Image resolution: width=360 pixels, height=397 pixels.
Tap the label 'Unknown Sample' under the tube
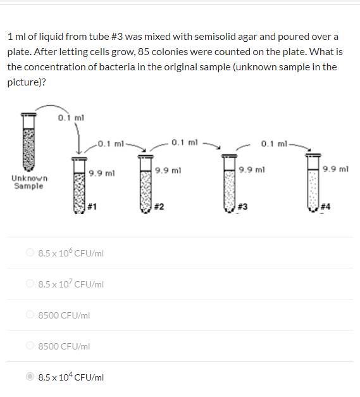coord(28,182)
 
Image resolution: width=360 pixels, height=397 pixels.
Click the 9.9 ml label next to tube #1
coord(101,173)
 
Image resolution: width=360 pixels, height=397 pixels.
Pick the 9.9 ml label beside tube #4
coord(335,169)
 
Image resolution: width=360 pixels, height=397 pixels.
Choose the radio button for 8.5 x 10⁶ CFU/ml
coord(30,253)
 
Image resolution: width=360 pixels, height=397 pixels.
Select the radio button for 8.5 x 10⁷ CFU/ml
coord(30,284)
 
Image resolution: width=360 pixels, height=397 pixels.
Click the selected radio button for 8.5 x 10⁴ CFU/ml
coord(30,377)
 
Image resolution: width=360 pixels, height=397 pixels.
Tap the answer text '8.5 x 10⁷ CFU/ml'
coord(71,284)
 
